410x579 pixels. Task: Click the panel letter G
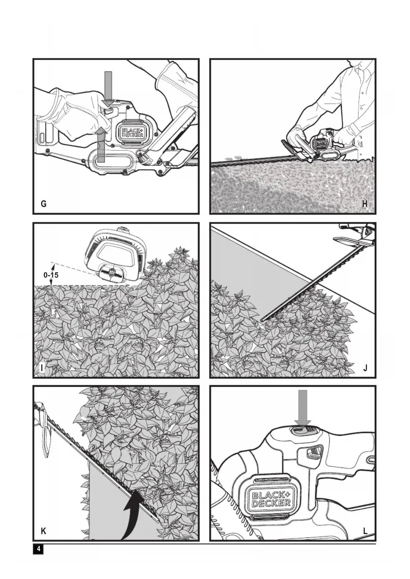pos(44,204)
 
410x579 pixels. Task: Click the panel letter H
pos(365,204)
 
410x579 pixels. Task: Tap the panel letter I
pos(42,368)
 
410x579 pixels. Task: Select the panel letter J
pos(365,368)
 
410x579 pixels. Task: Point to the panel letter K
pos(43,531)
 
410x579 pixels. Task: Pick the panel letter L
pos(365,531)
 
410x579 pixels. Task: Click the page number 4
pos(38,549)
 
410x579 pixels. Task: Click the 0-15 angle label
pos(51,275)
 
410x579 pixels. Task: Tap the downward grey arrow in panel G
pos(108,88)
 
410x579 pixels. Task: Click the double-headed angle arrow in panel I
pos(52,274)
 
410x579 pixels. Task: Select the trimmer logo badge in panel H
pos(320,144)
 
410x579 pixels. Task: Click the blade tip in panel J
pos(262,320)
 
